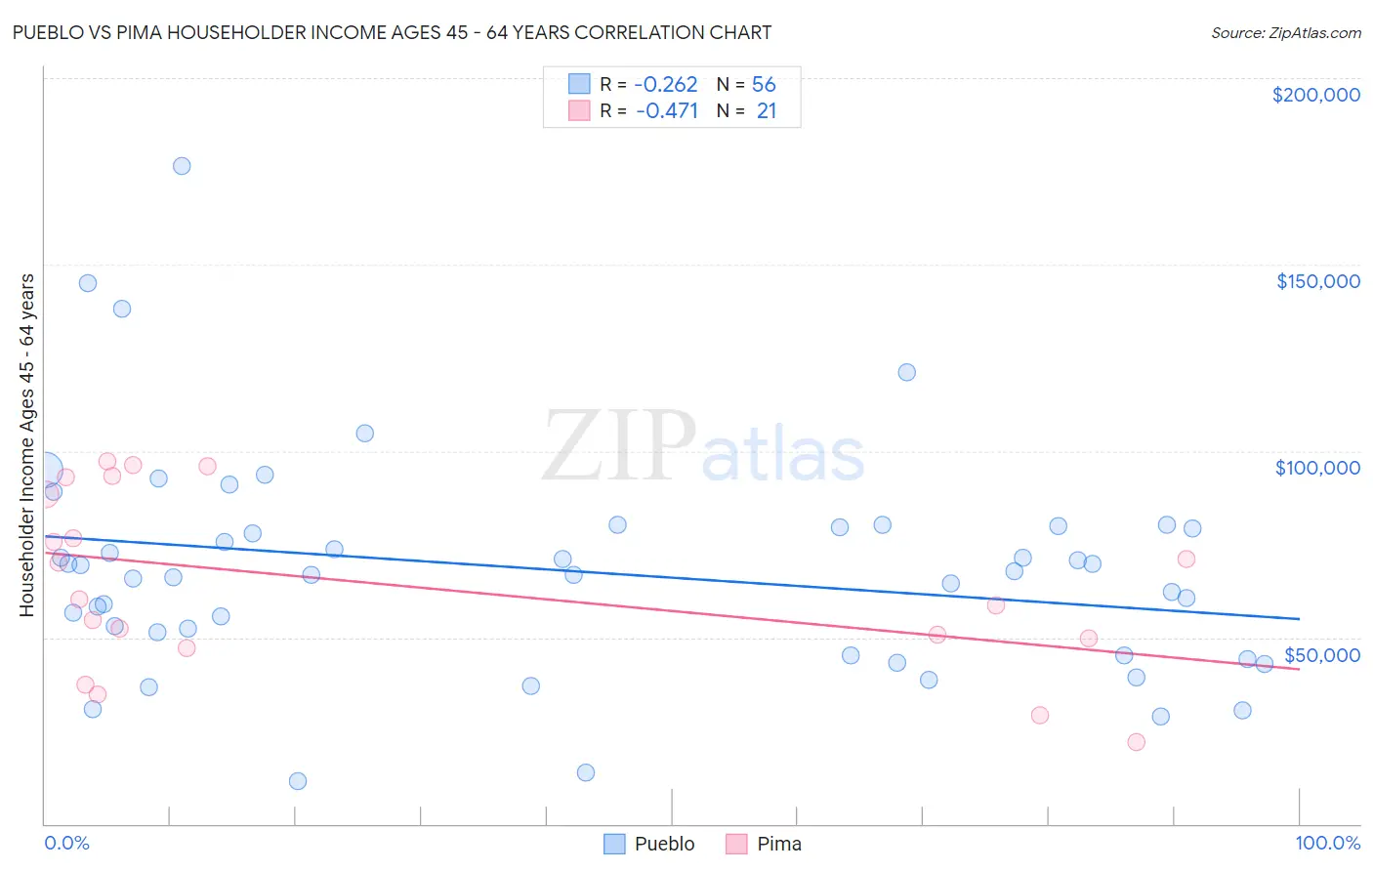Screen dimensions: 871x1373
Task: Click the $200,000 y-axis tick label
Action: coord(1315,95)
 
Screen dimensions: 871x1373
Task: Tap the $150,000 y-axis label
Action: coord(1317,281)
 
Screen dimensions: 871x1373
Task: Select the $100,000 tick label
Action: coord(1317,468)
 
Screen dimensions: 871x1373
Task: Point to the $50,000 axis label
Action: coord(1321,654)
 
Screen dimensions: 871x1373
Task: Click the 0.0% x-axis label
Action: coord(66,843)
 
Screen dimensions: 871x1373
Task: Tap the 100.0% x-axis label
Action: coord(1327,843)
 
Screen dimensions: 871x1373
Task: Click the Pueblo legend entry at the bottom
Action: coord(649,844)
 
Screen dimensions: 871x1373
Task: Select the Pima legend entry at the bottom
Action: coord(764,844)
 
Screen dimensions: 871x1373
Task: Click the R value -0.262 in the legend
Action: coord(666,85)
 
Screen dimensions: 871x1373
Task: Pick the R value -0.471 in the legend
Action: coord(666,111)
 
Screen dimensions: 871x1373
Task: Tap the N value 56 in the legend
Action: coord(764,85)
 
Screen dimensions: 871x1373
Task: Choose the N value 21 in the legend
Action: coord(766,111)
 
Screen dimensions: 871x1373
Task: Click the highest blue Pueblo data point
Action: coord(182,166)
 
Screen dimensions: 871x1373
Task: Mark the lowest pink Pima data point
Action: coord(1136,742)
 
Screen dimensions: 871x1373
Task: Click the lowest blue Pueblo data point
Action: coord(298,781)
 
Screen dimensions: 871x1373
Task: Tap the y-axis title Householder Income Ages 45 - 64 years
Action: coord(26,445)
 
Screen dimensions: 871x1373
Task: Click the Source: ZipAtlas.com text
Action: coord(1285,33)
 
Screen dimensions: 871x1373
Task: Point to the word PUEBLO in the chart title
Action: coord(49,33)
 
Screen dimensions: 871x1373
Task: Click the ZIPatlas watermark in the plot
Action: coord(703,448)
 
